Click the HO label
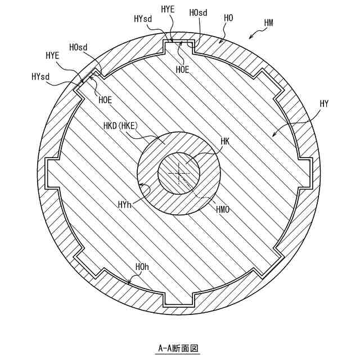[229, 18]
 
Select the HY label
[324, 103]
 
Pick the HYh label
[125, 206]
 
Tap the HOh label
[142, 266]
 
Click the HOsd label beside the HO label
[198, 12]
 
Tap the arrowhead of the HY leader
[272, 136]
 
